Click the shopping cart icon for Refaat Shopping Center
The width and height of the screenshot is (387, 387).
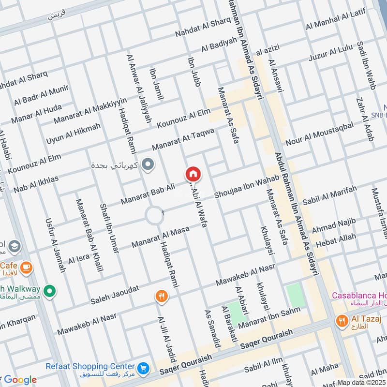click(143, 369)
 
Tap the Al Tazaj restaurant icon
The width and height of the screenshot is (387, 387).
click(342, 320)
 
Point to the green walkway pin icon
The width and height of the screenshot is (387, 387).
click(48, 292)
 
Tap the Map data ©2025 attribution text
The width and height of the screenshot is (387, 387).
click(362, 382)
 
